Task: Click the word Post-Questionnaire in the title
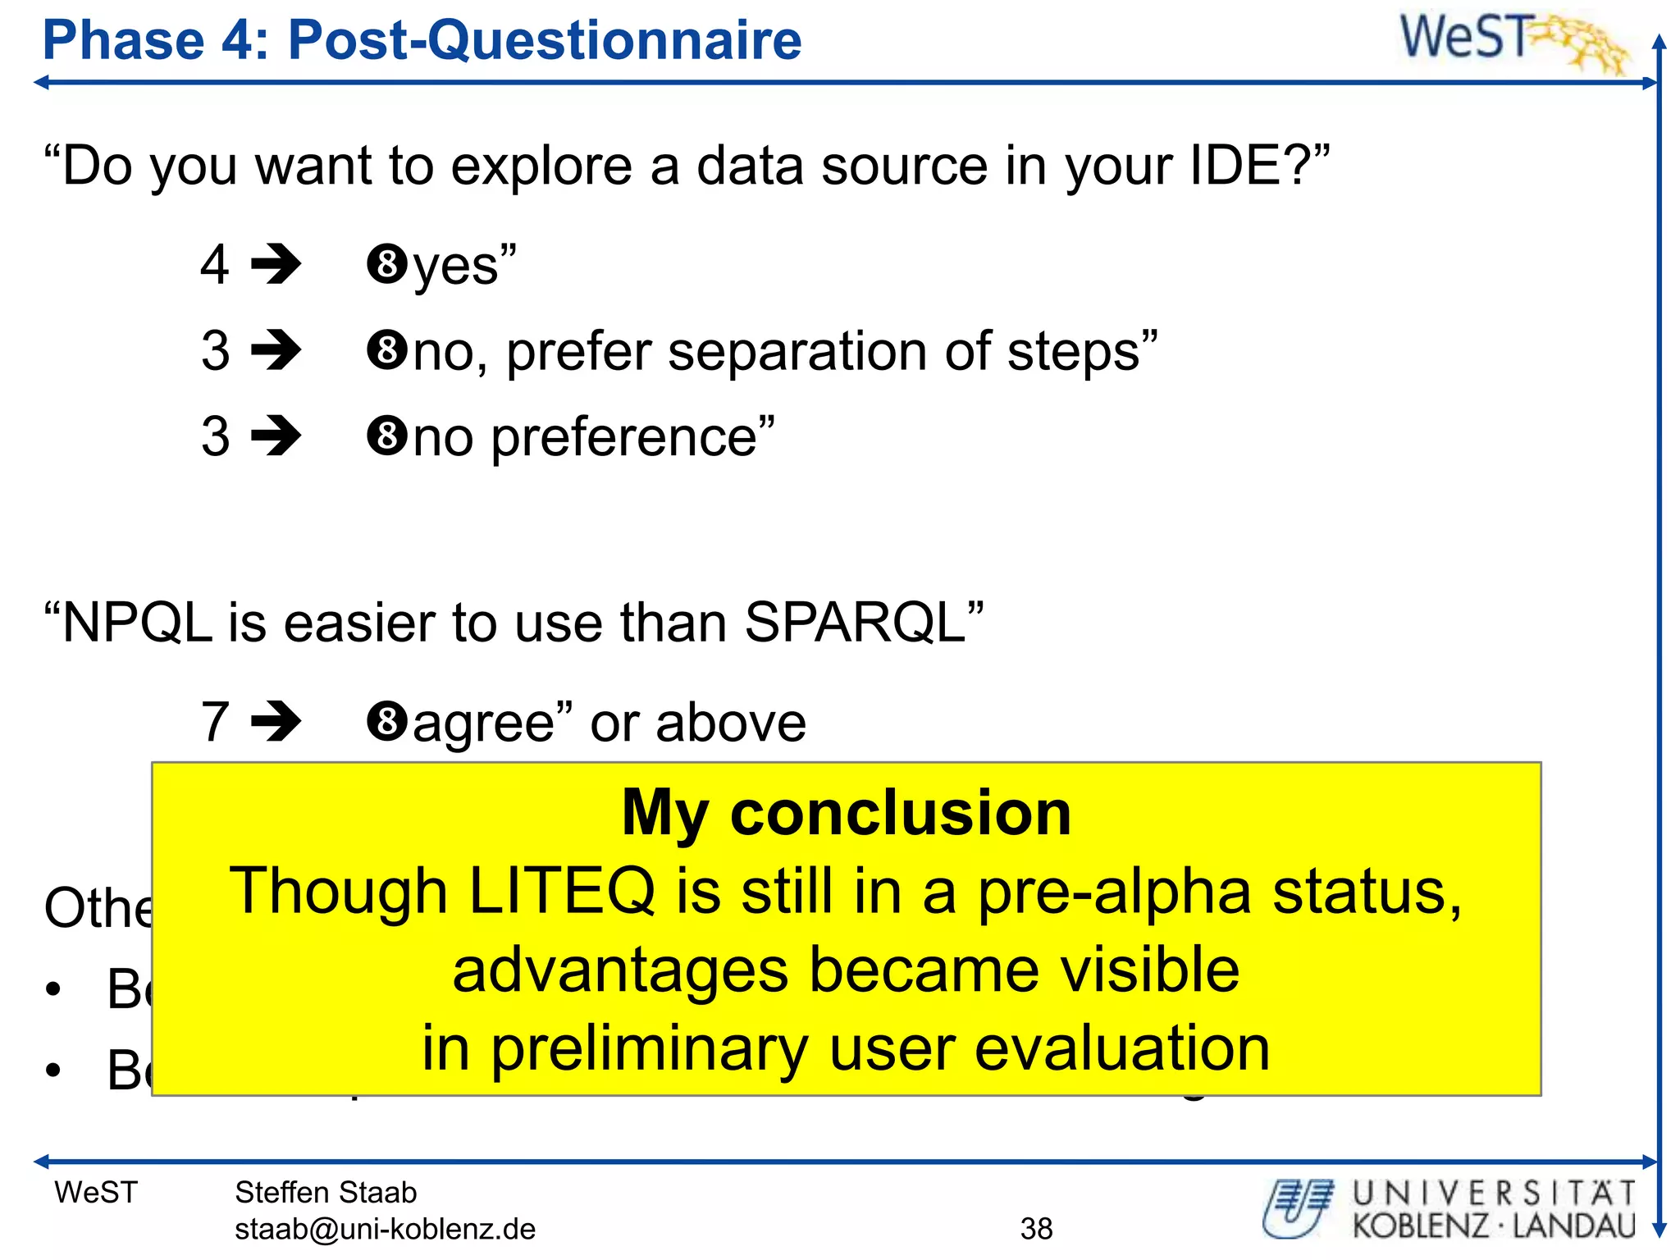point(544,41)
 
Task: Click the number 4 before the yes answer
point(215,265)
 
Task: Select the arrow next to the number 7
point(276,722)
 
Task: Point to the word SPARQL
point(855,623)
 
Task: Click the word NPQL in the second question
point(137,623)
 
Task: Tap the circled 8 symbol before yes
point(387,265)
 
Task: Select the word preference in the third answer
point(623,437)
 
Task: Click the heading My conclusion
point(846,813)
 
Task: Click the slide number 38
point(1036,1229)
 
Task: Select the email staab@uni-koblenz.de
point(385,1229)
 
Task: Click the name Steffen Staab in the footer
point(326,1193)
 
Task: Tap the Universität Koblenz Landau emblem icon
point(1299,1208)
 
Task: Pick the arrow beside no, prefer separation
point(276,351)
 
